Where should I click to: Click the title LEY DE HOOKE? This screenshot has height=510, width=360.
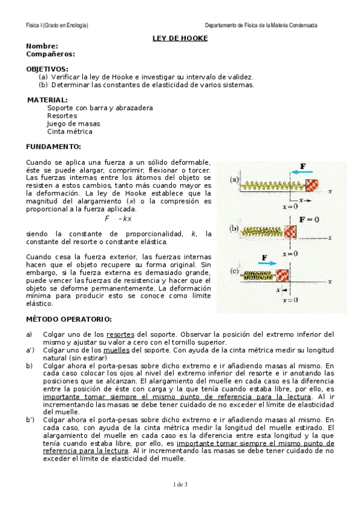(x=180, y=38)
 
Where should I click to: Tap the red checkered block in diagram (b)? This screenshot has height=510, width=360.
(x=291, y=230)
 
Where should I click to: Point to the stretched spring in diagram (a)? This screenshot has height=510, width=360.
(x=274, y=185)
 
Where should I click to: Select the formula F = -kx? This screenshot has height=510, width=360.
(x=118, y=218)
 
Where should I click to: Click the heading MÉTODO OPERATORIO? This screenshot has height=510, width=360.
(x=69, y=319)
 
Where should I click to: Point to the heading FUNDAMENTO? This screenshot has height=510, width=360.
(x=53, y=147)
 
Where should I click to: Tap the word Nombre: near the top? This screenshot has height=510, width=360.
(x=42, y=46)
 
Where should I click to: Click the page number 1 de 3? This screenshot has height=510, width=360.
(x=180, y=484)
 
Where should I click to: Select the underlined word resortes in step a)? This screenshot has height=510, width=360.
(x=120, y=334)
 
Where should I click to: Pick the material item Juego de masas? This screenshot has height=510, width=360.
(x=73, y=123)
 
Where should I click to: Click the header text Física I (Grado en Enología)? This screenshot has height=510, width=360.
(x=57, y=25)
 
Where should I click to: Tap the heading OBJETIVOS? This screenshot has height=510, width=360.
(x=47, y=69)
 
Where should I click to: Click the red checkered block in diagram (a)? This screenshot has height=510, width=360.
(x=312, y=185)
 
